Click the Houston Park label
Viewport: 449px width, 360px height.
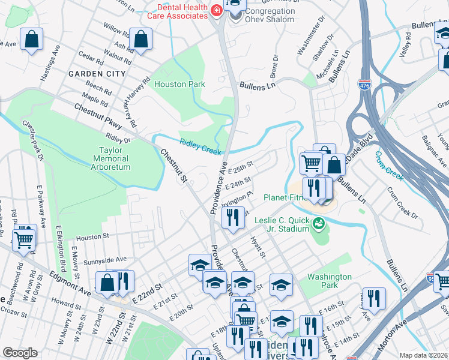(179, 85)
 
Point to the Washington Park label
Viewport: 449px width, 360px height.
(329, 281)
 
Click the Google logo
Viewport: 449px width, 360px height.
(20, 353)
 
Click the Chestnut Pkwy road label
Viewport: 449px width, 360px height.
(98, 118)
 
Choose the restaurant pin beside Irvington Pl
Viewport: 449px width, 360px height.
(233, 217)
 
